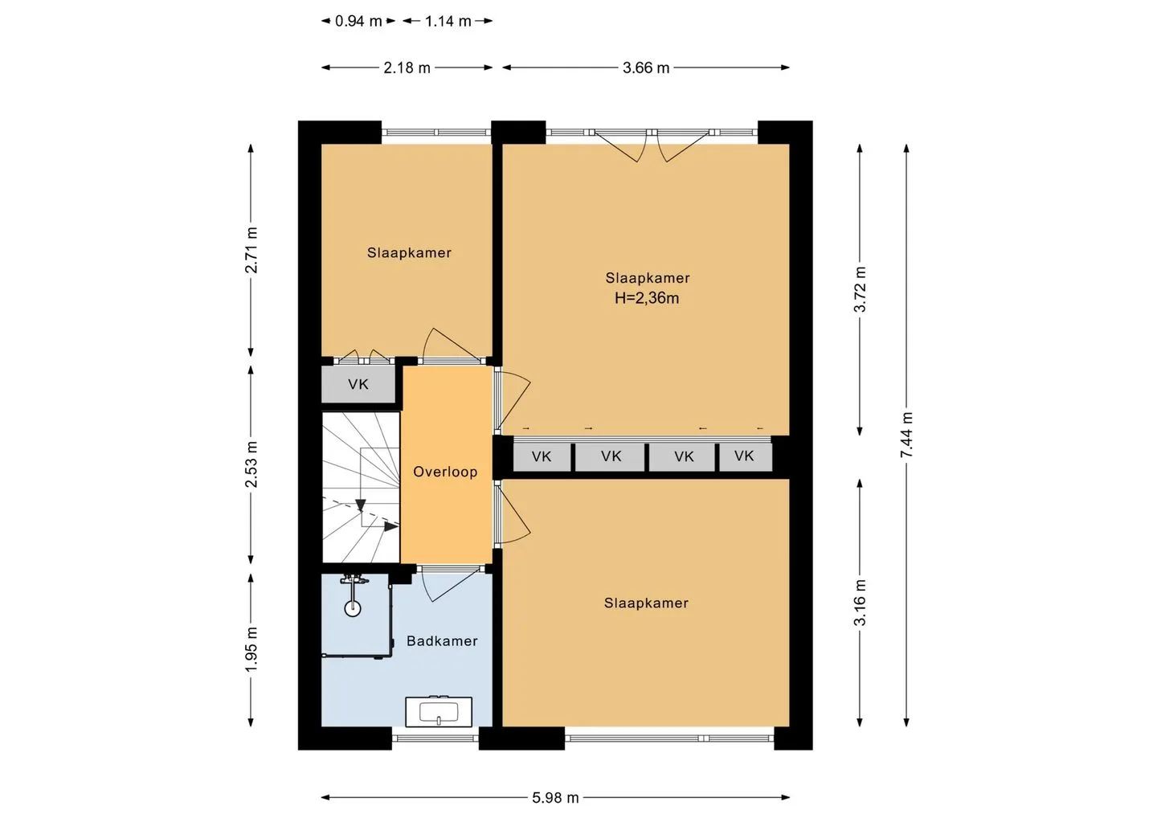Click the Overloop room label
(445, 472)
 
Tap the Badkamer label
(442, 641)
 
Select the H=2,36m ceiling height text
(647, 298)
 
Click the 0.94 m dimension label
(358, 21)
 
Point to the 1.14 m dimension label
(448, 21)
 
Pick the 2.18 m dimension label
(407, 67)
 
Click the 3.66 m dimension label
(646, 67)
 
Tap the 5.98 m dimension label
(556, 798)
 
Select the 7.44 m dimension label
(906, 434)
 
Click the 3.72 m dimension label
(860, 289)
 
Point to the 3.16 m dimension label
(860, 602)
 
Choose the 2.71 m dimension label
(251, 250)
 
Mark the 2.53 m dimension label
(251, 464)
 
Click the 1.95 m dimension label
(251, 649)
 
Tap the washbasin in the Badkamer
(439, 712)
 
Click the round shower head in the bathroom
(353, 609)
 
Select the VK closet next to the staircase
(358, 384)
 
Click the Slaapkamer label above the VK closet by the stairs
(409, 252)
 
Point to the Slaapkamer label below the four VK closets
(646, 603)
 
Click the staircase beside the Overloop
(361, 487)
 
